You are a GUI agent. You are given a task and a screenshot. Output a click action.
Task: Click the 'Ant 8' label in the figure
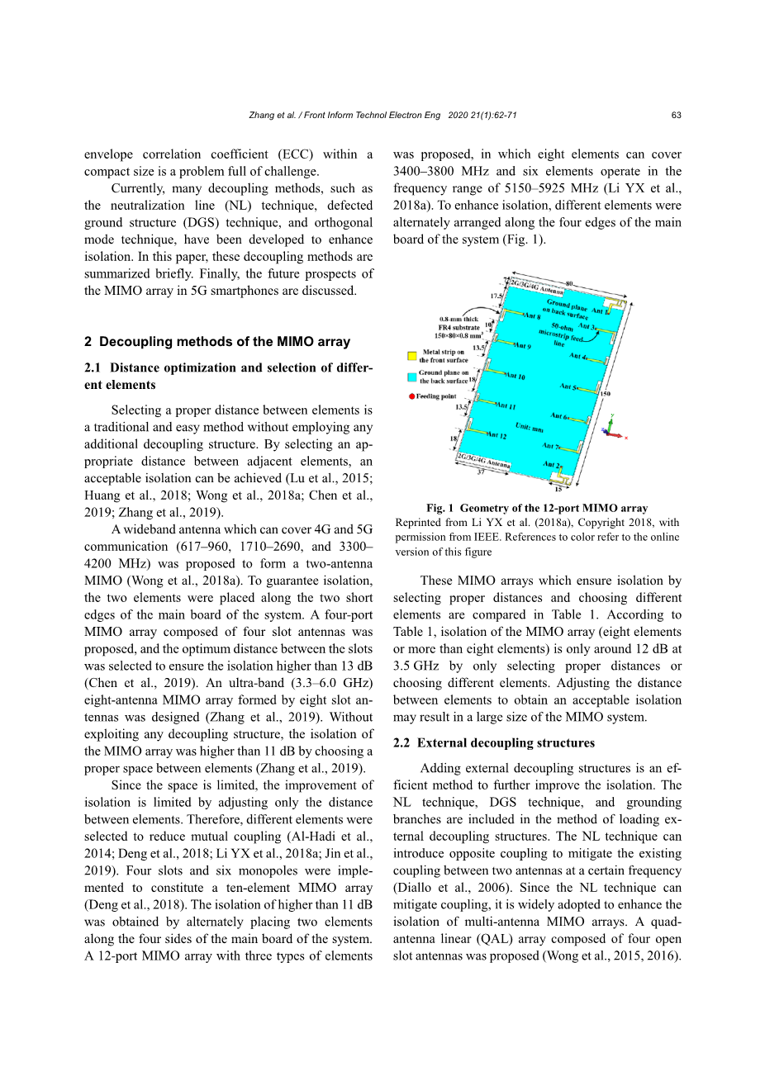(532, 316)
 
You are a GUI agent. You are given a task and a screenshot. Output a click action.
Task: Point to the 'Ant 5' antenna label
(568, 386)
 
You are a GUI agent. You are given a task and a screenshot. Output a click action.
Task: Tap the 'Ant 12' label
(497, 435)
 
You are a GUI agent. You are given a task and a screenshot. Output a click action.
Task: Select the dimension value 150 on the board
(605, 394)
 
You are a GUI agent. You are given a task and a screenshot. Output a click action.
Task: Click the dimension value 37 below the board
(482, 473)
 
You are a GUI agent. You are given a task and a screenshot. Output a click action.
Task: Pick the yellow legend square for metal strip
(411, 356)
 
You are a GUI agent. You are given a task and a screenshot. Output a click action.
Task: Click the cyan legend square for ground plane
(411, 377)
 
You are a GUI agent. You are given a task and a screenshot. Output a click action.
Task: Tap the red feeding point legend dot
(411, 396)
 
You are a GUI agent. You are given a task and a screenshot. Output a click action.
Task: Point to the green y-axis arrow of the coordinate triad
(611, 419)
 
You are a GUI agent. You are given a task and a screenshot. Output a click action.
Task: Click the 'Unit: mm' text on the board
(530, 428)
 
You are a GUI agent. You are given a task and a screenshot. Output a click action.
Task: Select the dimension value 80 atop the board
(568, 284)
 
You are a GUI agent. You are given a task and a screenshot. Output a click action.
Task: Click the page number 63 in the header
(677, 116)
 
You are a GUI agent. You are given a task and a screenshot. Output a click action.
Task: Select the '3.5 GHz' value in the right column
(415, 666)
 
